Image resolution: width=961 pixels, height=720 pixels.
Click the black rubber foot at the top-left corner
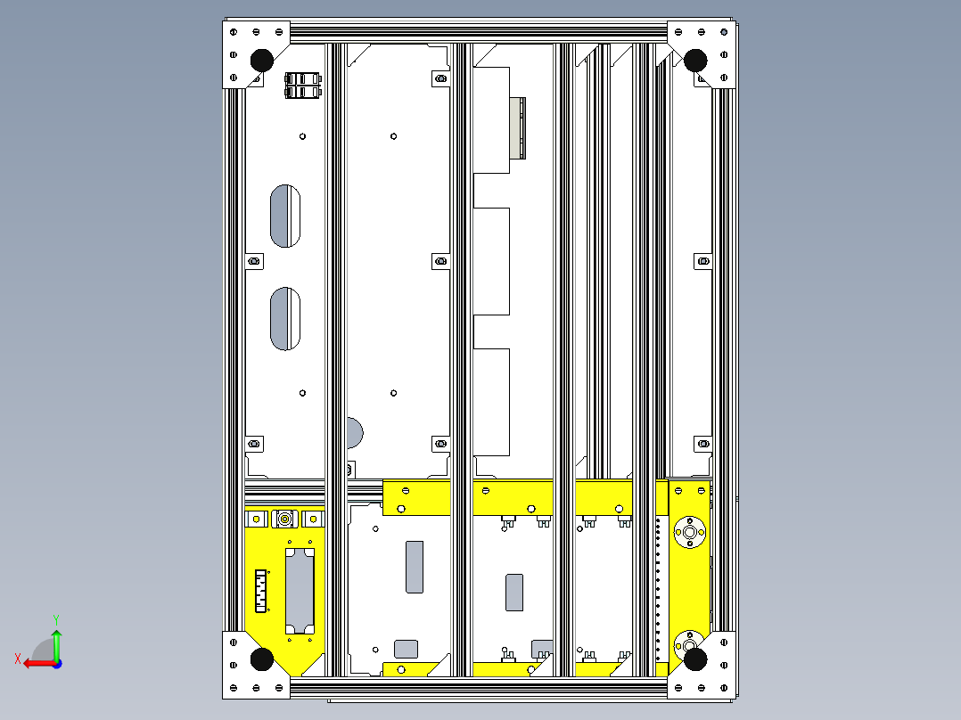coord(261,61)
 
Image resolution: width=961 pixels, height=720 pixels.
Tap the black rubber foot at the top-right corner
coord(695,61)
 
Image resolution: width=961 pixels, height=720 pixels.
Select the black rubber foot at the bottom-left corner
coord(262,659)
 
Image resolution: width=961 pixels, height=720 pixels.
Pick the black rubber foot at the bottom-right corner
coord(695,659)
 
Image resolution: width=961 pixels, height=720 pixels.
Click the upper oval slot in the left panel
coord(285,216)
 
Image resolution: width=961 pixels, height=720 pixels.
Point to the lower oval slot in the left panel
coord(285,318)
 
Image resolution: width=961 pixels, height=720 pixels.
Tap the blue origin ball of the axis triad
coord(56,663)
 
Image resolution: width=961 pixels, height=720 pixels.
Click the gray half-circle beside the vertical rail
coord(355,433)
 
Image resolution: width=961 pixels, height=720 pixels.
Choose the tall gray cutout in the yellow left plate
coord(299,592)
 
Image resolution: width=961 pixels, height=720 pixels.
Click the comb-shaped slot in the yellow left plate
coord(262,591)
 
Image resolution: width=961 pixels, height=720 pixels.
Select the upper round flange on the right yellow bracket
coord(687,531)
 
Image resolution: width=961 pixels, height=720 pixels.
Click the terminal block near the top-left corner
coord(302,85)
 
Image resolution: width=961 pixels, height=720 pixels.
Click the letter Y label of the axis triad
coord(56,618)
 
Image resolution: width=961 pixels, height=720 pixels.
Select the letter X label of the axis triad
coord(17,659)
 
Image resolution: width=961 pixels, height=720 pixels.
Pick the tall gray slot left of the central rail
coord(415,567)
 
